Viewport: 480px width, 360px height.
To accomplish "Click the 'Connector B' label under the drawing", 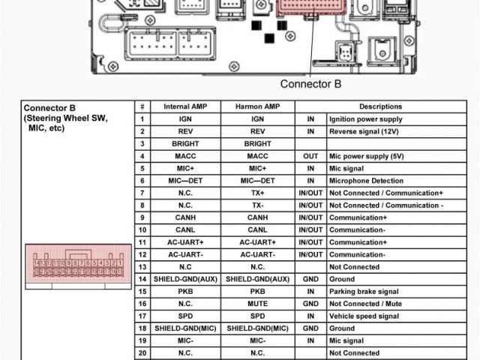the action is point(310,84).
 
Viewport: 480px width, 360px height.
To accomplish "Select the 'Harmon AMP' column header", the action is point(257,106).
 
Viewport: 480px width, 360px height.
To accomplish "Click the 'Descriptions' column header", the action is point(380,106).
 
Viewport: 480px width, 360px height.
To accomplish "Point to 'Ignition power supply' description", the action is point(365,119).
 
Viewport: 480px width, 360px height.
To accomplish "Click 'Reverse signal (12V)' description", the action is point(365,131).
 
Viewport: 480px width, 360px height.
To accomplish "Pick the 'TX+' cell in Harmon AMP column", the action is point(257,193).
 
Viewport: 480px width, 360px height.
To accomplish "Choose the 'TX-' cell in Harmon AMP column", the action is point(257,205).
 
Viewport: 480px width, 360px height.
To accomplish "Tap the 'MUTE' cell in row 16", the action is point(257,304).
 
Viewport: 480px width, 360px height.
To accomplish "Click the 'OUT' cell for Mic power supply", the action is point(310,156).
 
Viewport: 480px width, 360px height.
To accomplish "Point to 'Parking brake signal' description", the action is point(364,291).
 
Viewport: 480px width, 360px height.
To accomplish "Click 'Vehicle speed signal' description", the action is point(364,316).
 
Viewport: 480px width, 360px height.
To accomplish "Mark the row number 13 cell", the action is point(142,267).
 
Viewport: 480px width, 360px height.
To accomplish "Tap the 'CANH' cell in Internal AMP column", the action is point(186,217).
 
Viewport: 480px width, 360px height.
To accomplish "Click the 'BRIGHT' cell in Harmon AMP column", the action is point(257,143).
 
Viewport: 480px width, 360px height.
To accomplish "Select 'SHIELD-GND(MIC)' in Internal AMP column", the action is point(186,328).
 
